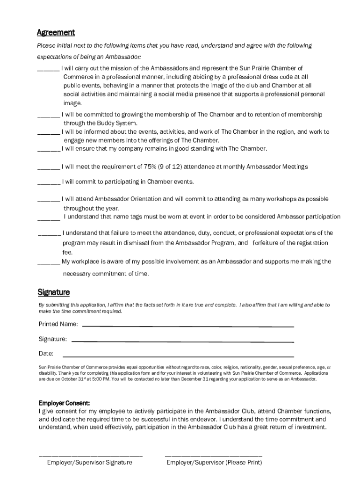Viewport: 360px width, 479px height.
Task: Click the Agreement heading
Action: [56, 33]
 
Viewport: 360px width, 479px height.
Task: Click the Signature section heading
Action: [54, 292]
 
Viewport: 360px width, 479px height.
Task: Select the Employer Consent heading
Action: [64, 403]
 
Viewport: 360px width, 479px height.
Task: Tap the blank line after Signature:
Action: [182, 341]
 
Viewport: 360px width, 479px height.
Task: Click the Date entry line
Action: [178, 356]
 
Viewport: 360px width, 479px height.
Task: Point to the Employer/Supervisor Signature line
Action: [90, 454]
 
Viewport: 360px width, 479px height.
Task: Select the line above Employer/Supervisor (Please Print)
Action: [214, 454]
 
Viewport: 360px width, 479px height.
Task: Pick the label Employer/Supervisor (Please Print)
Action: [214, 463]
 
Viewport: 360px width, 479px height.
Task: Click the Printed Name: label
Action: [58, 324]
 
